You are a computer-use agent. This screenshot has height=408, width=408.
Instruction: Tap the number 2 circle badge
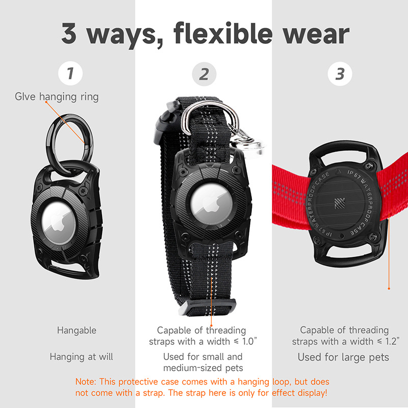click(204, 74)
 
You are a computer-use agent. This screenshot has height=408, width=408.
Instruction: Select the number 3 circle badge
click(340, 74)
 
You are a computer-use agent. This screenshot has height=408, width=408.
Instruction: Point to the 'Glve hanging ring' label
click(57, 96)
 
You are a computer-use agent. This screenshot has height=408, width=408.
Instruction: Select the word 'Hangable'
click(76, 330)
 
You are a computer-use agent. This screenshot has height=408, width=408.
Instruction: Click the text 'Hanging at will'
click(81, 357)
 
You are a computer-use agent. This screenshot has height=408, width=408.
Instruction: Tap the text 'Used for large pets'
click(343, 357)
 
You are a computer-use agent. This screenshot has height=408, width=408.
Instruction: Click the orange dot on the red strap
click(389, 289)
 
